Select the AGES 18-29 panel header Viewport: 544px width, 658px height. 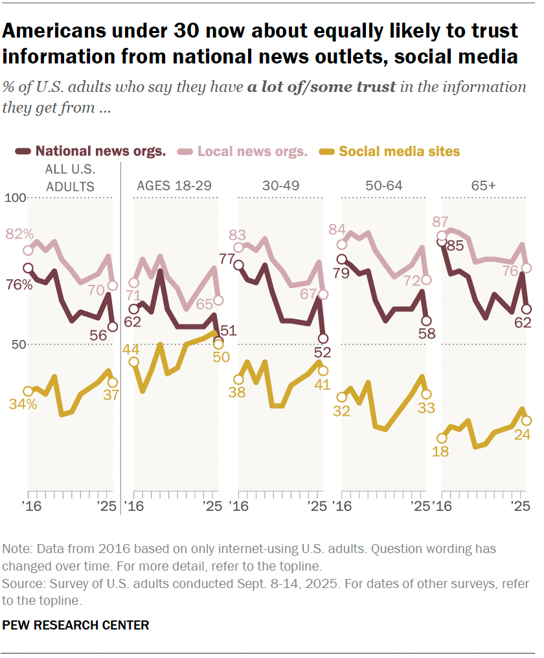[x=176, y=186]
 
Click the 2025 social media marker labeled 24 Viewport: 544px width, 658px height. [x=527, y=421]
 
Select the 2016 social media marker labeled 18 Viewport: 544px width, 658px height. [x=442, y=438]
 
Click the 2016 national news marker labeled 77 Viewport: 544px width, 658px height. [x=238, y=265]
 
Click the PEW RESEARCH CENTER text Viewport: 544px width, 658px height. [x=76, y=625]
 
